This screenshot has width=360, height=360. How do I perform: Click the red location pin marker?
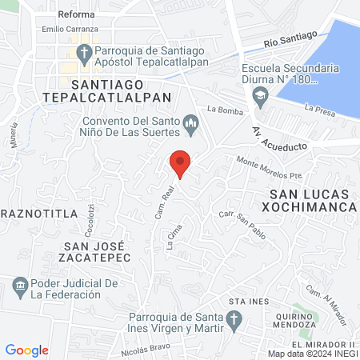pos(181,163)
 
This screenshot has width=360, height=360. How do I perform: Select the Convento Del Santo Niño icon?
pos(190,122)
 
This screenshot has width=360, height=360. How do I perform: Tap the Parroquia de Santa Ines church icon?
pos(233,322)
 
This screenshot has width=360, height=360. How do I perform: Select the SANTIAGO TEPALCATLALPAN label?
pos(121,90)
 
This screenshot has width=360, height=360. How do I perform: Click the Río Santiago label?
pos(291,38)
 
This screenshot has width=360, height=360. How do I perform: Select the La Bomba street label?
pos(223,108)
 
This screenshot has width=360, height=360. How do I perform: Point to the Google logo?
pos(27,350)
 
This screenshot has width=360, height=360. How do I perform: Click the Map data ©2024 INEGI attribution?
pos(312,354)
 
